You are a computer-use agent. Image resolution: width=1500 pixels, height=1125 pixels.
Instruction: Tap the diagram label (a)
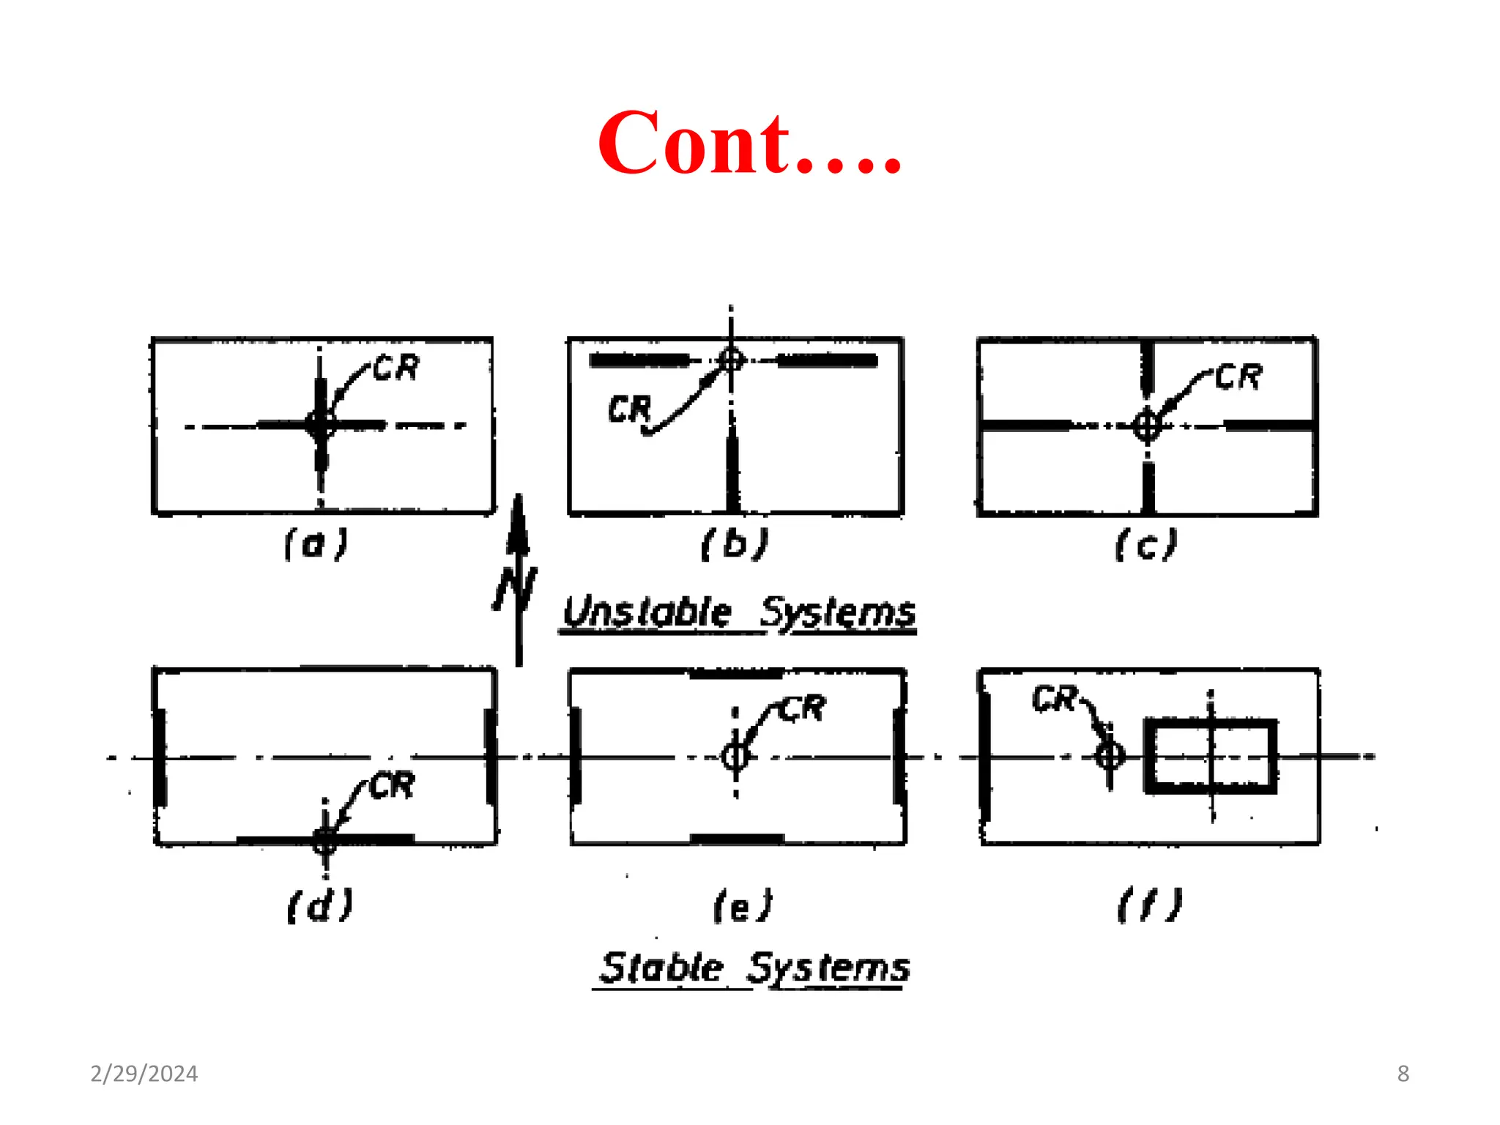pos(316,544)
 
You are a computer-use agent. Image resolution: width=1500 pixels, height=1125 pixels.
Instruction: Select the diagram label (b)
pos(735,544)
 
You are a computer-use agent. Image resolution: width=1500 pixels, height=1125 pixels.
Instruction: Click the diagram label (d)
pos(320,905)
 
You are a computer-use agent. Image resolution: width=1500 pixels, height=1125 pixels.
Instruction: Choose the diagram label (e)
pos(743,907)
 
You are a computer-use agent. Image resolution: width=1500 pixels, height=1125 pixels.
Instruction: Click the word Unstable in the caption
pos(647,612)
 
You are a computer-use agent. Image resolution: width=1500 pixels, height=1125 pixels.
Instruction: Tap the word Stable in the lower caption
pos(661,968)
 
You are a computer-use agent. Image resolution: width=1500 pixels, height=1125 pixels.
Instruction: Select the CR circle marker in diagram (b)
pos(731,360)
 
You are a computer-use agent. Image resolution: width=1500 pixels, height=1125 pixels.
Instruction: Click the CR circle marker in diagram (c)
pos(1147,426)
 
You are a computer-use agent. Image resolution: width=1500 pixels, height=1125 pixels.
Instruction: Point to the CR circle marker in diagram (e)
pos(735,757)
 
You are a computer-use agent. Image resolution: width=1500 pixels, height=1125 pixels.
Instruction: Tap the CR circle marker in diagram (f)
pos(1110,755)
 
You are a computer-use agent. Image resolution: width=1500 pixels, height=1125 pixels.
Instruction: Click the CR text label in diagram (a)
pos(396,368)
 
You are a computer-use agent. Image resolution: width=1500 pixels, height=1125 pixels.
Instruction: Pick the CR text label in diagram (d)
pos(393,786)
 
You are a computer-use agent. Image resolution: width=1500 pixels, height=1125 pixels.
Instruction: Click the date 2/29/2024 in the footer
pos(144,1074)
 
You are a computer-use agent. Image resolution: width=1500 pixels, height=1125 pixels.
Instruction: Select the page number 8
pos(1403,1074)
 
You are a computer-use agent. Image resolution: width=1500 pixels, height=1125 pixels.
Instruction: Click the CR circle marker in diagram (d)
pos(325,840)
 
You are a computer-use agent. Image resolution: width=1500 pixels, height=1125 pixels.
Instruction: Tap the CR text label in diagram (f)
pos(1055,699)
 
